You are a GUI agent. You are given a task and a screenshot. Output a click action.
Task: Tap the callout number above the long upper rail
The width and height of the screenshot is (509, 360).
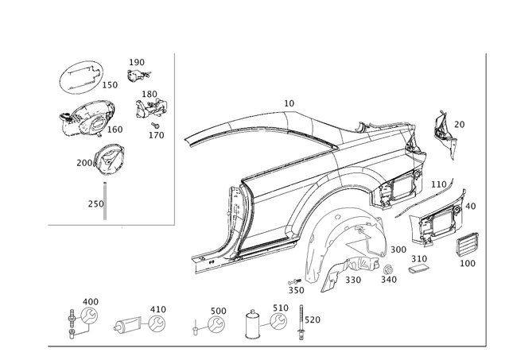click(x=288, y=103)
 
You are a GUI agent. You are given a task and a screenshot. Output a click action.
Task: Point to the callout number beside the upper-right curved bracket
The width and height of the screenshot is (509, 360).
click(x=459, y=123)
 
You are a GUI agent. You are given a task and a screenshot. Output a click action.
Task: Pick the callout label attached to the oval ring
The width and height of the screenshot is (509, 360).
click(x=111, y=82)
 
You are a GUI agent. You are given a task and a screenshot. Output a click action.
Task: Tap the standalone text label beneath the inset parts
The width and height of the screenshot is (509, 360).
click(x=95, y=203)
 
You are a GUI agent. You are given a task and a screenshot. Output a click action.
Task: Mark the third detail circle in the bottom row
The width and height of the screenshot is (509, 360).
click(x=215, y=322)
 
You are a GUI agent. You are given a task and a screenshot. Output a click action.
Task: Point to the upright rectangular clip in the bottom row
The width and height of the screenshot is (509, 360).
click(x=254, y=324)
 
